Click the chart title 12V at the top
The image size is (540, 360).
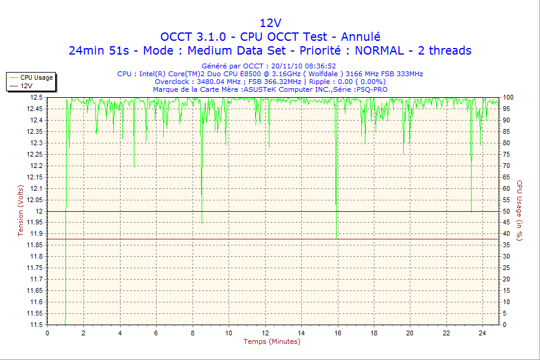click(270, 23)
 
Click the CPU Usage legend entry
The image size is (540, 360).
click(36, 77)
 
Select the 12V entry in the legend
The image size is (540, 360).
click(26, 86)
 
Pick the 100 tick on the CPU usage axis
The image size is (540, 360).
click(508, 97)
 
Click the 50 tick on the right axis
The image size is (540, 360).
click(506, 211)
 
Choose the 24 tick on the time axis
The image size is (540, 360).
click(482, 333)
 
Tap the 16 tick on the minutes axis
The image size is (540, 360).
click(337, 333)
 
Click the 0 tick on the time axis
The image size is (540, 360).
click(47, 333)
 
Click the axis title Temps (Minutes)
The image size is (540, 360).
click(271, 341)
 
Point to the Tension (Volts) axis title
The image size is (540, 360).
click(21, 210)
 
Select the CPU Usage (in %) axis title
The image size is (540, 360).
click(520, 210)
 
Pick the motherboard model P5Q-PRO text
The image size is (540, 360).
click(371, 89)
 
